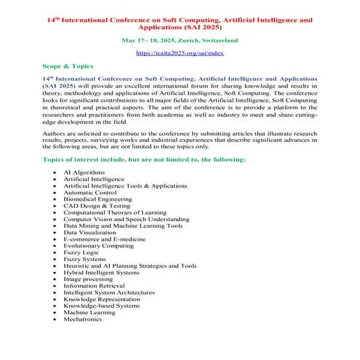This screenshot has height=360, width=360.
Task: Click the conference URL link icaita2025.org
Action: pyautogui.click(x=179, y=54)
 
